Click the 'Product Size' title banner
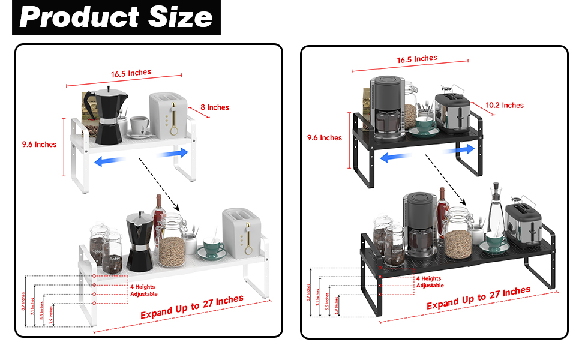pyautogui.click(x=116, y=17)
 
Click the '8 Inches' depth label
pyautogui.click(x=214, y=107)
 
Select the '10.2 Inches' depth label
pyautogui.click(x=505, y=105)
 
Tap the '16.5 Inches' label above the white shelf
pyautogui.click(x=131, y=73)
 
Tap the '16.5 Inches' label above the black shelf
pyautogui.click(x=417, y=59)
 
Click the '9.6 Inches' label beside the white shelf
pyautogui.click(x=39, y=144)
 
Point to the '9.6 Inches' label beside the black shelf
pyautogui.click(x=324, y=137)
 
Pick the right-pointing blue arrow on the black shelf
pyautogui.click(x=461, y=148)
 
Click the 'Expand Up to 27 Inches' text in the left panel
pyautogui.click(x=191, y=307)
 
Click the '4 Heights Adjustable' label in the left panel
pyautogui.click(x=143, y=290)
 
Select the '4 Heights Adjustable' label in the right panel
pyautogui.click(x=430, y=282)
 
